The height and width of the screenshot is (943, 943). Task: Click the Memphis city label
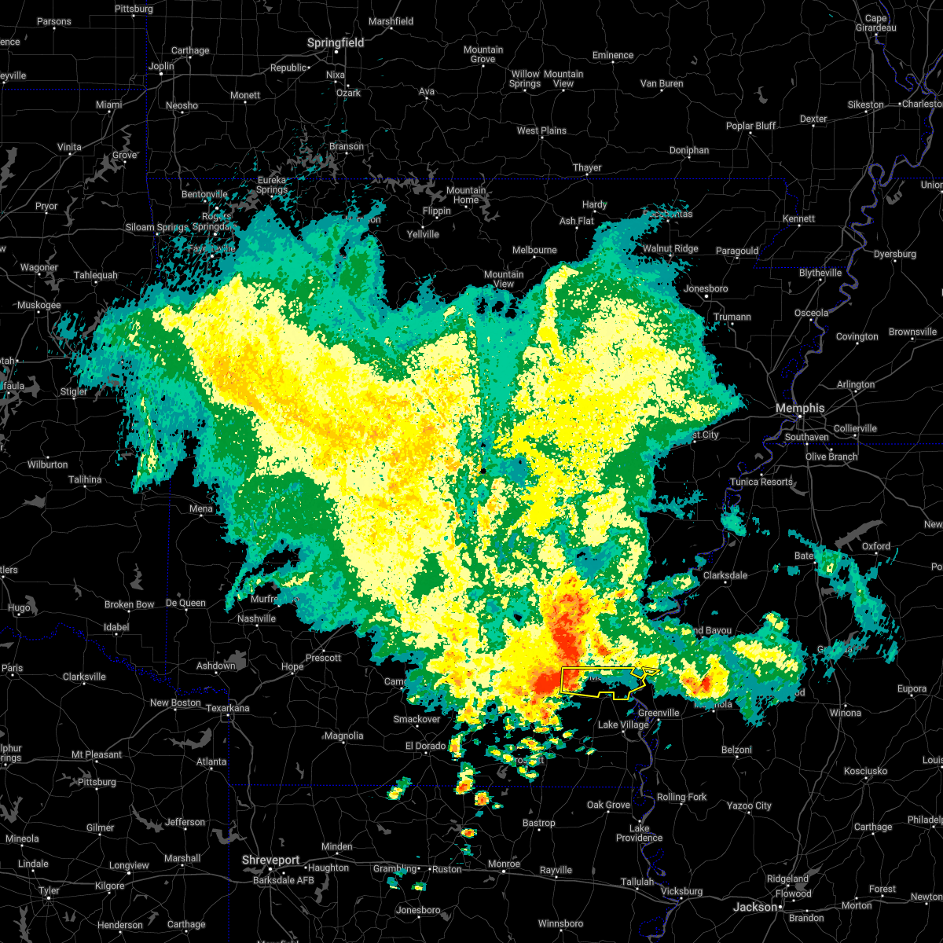point(800,408)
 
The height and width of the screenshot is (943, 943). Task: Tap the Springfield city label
point(336,42)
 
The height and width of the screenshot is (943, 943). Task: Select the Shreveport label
point(271,860)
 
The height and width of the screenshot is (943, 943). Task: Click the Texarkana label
point(228,708)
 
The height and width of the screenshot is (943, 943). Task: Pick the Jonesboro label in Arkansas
point(706,288)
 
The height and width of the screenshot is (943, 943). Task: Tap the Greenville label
point(659,713)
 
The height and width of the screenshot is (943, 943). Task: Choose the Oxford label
point(876,546)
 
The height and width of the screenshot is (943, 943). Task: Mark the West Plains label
point(541,130)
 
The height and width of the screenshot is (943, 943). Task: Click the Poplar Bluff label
point(750,126)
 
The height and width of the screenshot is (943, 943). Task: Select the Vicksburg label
point(681,891)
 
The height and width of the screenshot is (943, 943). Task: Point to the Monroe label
point(504,864)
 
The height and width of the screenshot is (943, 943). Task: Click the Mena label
point(200,508)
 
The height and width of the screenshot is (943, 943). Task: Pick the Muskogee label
point(39,305)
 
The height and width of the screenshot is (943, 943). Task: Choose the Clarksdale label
point(725,575)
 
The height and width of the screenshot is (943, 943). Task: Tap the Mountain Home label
point(465,195)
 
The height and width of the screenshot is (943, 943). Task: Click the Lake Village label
point(624,725)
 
